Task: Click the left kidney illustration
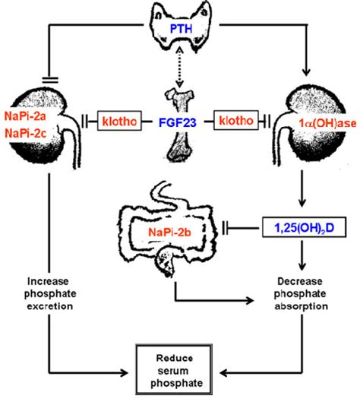pos(38,122)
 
